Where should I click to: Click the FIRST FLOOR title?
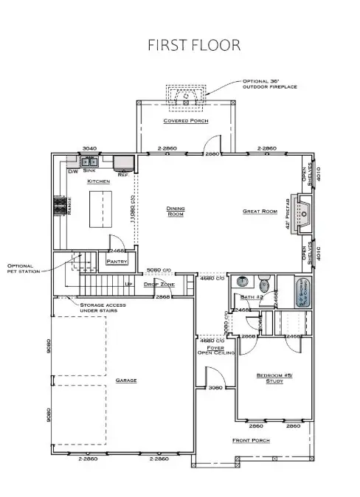pyautogui.click(x=195, y=44)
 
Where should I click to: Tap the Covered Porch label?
pyautogui.click(x=185, y=121)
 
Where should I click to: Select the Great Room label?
pyautogui.click(x=259, y=211)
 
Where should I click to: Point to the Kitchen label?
pyautogui.click(x=99, y=181)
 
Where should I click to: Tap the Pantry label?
pyautogui.click(x=118, y=261)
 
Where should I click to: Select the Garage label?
pyautogui.click(x=126, y=380)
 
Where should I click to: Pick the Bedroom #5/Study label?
pyautogui.click(x=263, y=378)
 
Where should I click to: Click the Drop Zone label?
pyautogui.click(x=158, y=284)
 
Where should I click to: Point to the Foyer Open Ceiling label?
pyautogui.click(x=215, y=350)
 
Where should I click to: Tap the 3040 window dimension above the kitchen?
pyautogui.click(x=90, y=148)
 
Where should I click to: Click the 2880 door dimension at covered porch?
pyautogui.click(x=213, y=153)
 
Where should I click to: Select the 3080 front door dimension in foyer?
pyautogui.click(x=216, y=387)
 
